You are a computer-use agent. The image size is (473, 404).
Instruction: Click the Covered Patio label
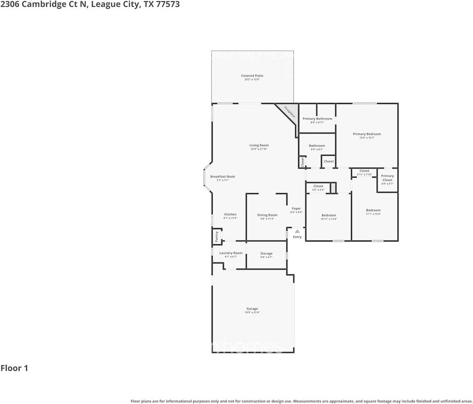252,76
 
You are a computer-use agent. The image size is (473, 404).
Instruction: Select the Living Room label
259,145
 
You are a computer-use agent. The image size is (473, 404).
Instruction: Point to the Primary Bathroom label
317,119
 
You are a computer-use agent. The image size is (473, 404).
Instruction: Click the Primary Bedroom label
367,134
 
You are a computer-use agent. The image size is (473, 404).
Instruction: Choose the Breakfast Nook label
222,177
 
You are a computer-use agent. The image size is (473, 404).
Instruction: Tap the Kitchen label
230,215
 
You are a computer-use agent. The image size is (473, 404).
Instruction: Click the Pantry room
217,236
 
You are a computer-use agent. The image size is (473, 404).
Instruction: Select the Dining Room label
267,215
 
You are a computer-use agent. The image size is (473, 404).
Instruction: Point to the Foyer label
296,208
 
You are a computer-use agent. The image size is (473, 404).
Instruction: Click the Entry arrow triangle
297,231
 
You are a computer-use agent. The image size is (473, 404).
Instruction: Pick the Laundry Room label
231,253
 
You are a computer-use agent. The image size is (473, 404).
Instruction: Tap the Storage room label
266,253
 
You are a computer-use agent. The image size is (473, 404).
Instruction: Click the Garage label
252,309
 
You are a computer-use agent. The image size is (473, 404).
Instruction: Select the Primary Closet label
387,178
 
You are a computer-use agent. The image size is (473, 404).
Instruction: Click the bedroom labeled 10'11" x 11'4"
328,215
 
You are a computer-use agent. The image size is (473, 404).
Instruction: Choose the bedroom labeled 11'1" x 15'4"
373,210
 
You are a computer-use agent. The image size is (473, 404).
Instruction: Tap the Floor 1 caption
14,368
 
